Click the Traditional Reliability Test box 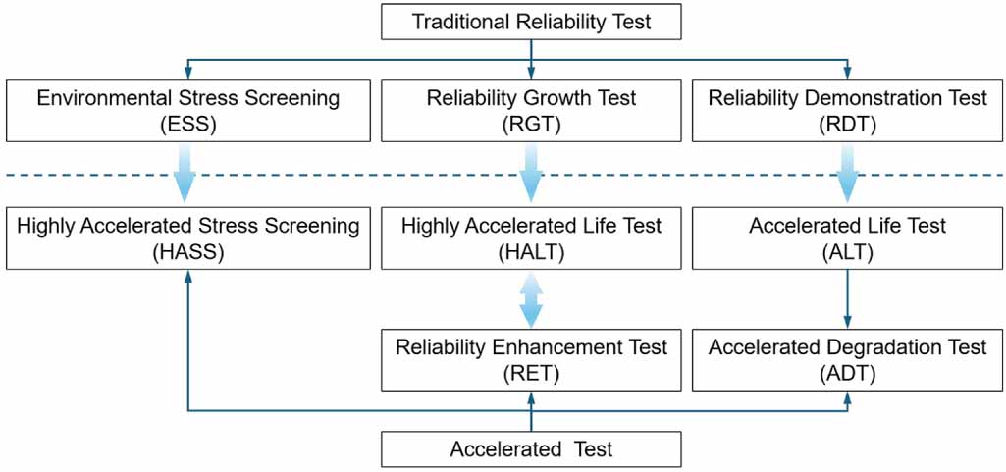[x=531, y=21]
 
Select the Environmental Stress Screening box [x=187, y=110]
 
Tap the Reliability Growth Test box [x=531, y=110]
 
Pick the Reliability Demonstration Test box [x=848, y=110]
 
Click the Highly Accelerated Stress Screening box [x=187, y=238]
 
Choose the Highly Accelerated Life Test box [x=531, y=238]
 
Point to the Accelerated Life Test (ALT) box [x=848, y=238]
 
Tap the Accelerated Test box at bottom [x=531, y=449]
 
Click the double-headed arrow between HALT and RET [x=531, y=299]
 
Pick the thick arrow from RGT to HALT [x=531, y=173]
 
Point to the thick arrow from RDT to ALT [x=848, y=173]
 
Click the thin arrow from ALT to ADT [x=848, y=299]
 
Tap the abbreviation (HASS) [x=187, y=251]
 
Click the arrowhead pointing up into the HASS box [x=187, y=277]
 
